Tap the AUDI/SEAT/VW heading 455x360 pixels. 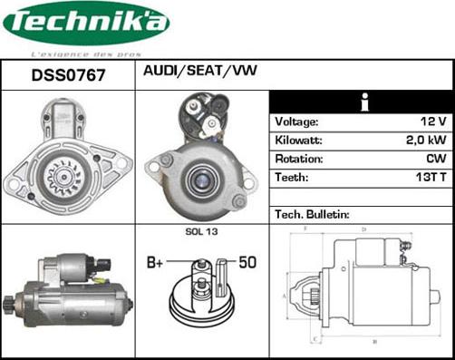(199, 71)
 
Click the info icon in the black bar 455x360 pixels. (363, 101)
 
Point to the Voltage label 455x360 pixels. (297, 122)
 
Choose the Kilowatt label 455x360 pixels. (298, 141)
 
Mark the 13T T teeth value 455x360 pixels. (431, 179)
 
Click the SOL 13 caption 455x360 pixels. (201, 233)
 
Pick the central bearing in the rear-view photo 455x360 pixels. (200, 178)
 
